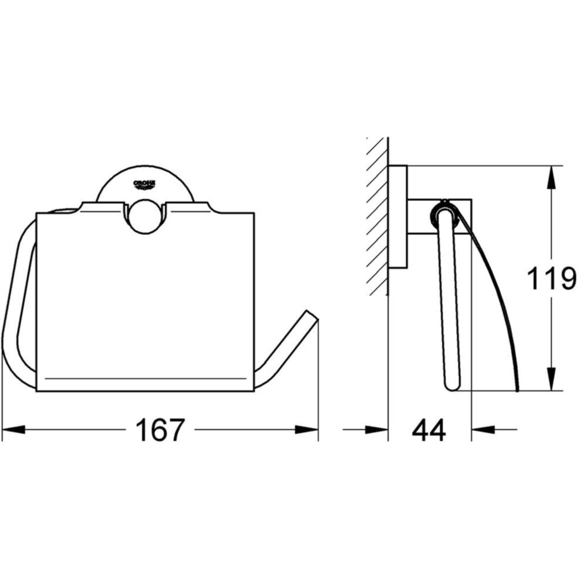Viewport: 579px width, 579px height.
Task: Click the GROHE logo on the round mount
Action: point(144,184)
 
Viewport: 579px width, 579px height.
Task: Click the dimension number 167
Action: point(160,430)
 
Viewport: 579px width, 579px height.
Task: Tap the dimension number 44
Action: point(429,430)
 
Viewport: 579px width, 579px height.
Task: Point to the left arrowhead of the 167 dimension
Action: point(13,430)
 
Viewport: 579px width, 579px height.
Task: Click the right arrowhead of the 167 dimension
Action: point(306,430)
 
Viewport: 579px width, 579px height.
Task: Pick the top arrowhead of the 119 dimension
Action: point(551,178)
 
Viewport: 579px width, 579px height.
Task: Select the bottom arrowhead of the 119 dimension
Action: point(551,379)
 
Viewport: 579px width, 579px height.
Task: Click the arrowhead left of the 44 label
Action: point(377,430)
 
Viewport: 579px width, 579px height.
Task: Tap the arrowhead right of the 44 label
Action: point(483,430)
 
